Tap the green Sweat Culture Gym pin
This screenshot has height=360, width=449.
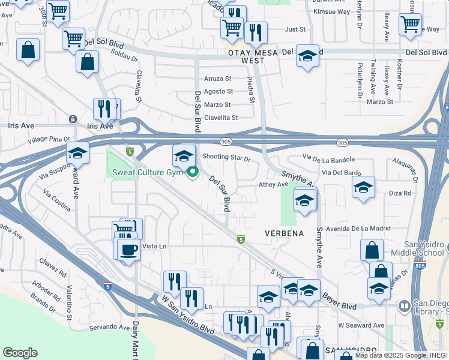[193, 173]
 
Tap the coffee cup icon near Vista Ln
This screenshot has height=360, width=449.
[129, 249]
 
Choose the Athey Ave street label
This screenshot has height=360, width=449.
[274, 185]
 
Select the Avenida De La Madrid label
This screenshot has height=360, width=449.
[359, 228]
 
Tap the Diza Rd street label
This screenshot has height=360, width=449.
[400, 193]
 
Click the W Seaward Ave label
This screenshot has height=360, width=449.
[361, 325]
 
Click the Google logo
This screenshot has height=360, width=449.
[20, 353]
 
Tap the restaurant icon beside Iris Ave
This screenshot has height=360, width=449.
[104, 109]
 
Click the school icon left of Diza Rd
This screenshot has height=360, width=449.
[363, 188]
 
